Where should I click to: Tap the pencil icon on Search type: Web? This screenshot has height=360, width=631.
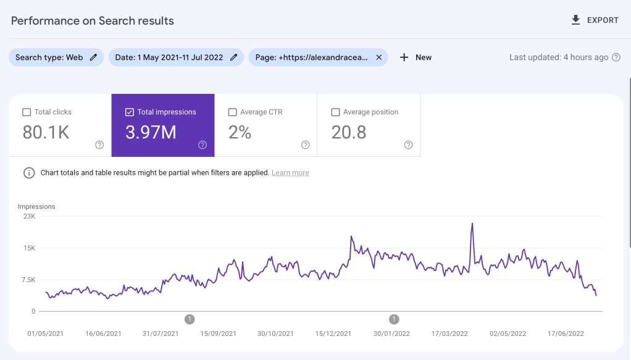(93, 57)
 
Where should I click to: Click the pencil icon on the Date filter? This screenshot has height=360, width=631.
(233, 57)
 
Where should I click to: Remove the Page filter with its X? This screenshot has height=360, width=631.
(378, 57)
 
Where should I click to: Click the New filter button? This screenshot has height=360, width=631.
(416, 57)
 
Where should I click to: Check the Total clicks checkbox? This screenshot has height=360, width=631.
(27, 112)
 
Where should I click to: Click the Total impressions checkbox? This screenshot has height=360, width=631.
(130, 112)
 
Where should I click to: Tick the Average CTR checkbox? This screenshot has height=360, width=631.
(233, 112)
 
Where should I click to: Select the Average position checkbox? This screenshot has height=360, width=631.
(336, 112)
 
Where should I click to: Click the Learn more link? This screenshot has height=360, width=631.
(290, 173)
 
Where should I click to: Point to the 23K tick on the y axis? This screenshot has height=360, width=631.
(29, 217)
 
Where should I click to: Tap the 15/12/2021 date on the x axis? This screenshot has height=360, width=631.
(333, 333)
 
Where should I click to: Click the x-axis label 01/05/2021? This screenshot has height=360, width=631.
(46, 333)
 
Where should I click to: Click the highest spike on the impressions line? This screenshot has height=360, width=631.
(472, 224)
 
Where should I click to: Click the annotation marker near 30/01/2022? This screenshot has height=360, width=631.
(394, 319)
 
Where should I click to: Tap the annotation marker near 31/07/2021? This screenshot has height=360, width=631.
(190, 319)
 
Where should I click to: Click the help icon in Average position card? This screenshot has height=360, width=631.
(408, 145)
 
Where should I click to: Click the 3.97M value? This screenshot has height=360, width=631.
(151, 132)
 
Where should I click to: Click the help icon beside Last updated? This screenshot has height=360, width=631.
(616, 57)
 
